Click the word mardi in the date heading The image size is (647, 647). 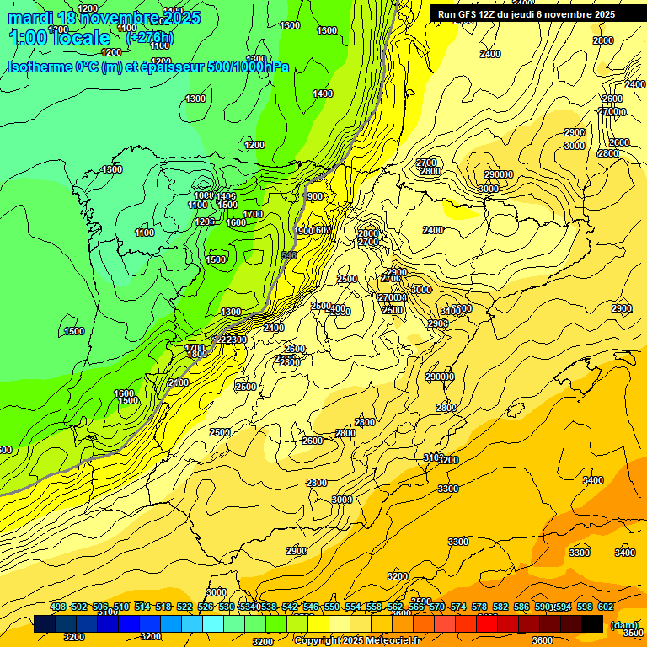(30, 18)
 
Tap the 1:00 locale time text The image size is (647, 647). (59, 38)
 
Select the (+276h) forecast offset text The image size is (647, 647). (150, 38)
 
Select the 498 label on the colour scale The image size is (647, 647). (58, 607)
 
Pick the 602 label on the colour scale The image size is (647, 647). (606, 607)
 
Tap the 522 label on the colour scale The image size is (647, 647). (184, 607)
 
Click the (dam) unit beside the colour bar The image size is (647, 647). (624, 625)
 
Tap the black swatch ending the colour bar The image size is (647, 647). (592, 624)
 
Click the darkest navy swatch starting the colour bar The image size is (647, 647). (45, 624)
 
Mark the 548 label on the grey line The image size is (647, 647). (289, 255)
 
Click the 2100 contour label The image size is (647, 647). (179, 382)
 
